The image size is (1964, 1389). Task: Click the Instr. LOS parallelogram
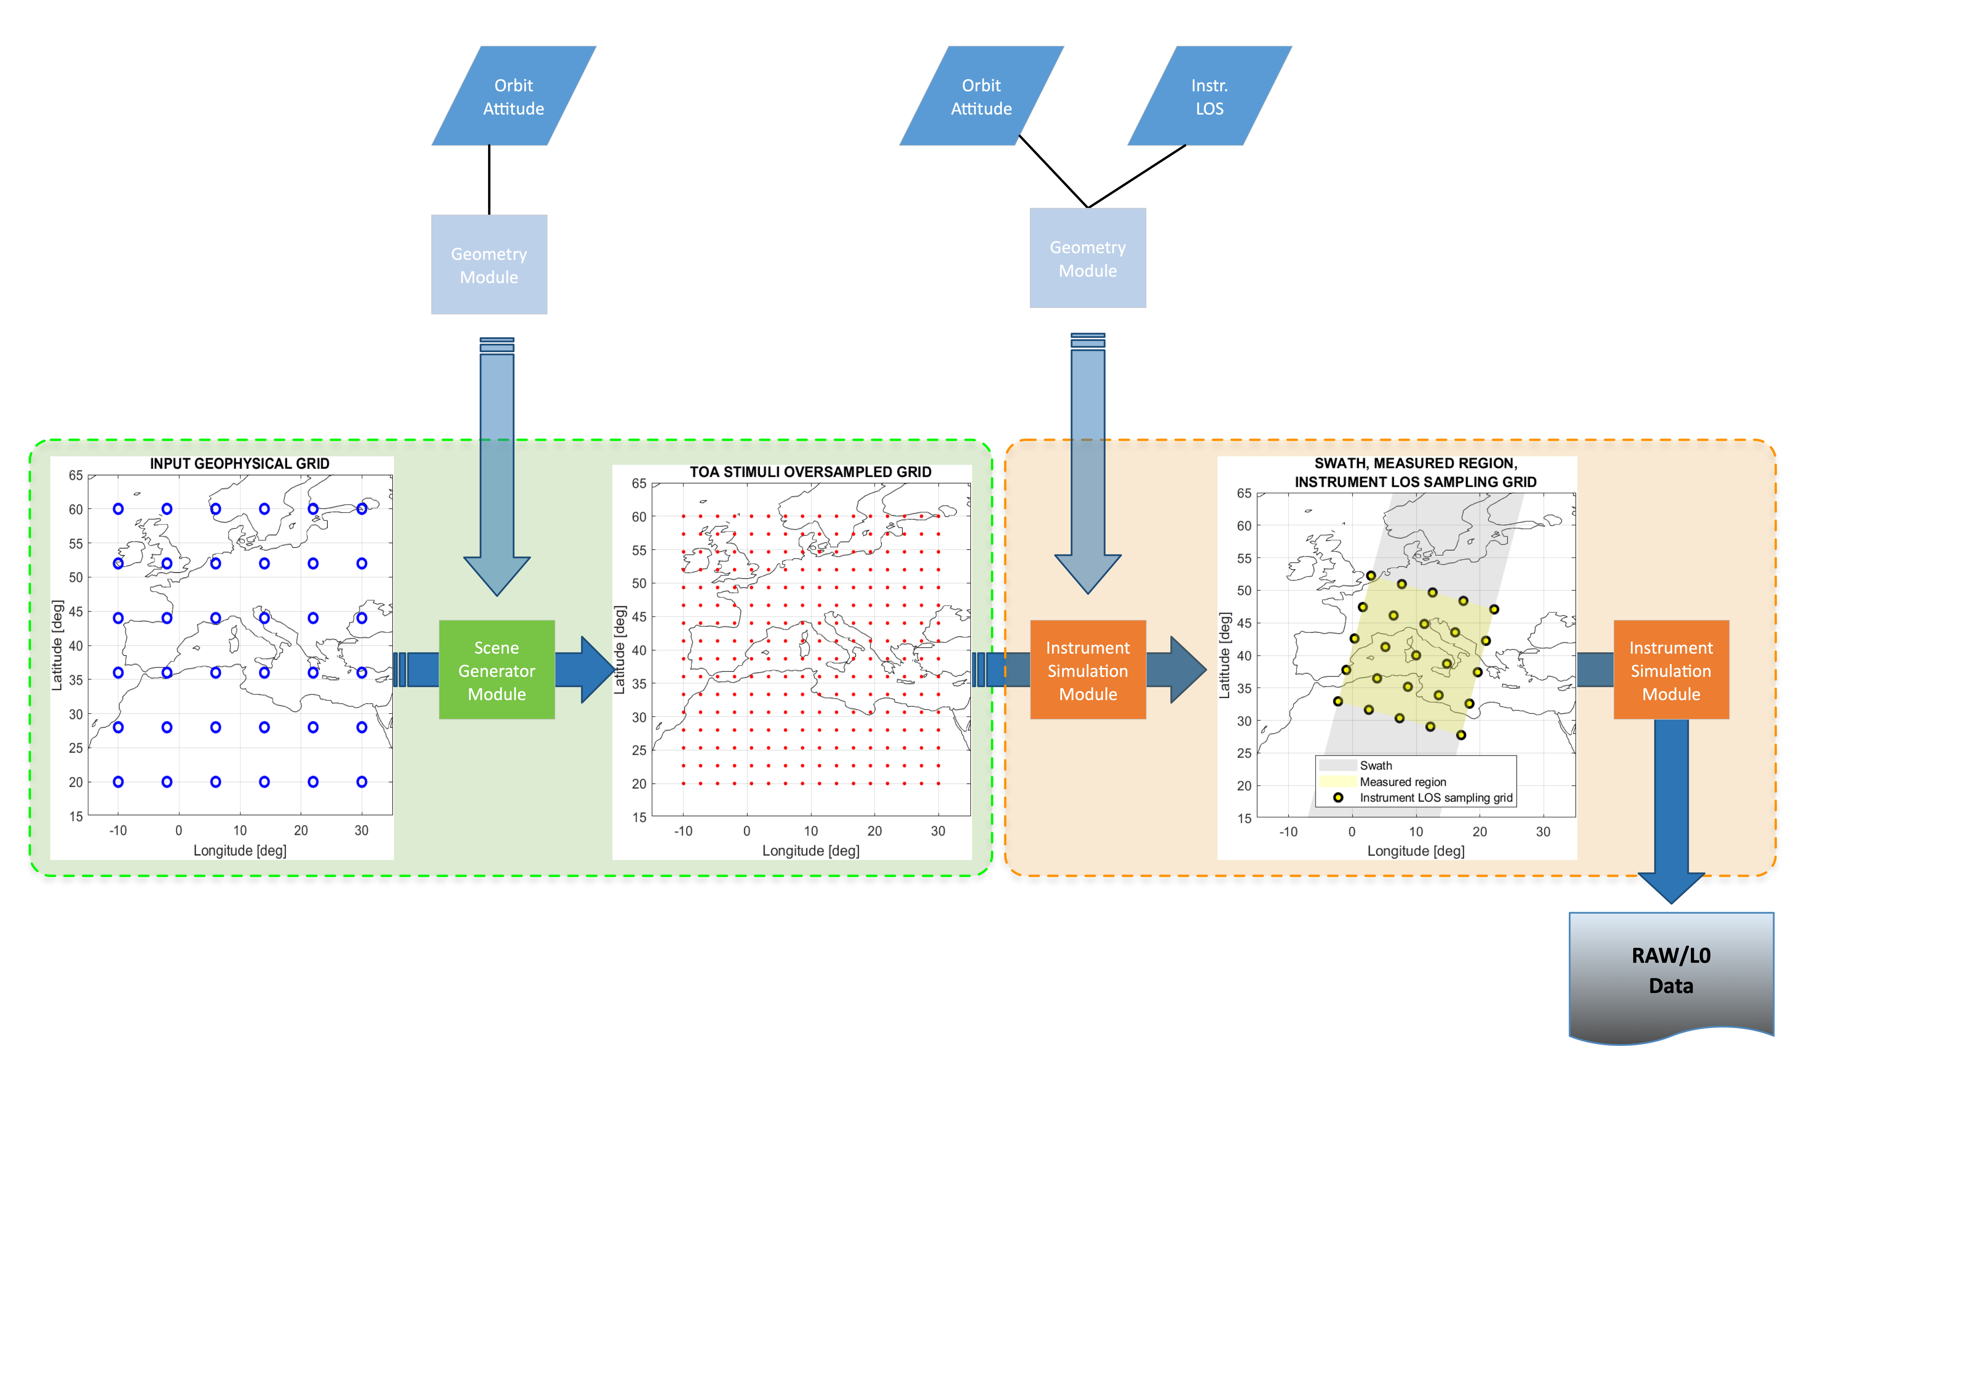(1209, 96)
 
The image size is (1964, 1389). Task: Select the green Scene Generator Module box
(496, 670)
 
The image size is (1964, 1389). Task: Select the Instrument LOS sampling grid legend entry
(1435, 798)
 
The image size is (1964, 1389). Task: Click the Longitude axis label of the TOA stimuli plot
(810, 851)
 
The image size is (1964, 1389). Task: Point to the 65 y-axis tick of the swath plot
(1244, 494)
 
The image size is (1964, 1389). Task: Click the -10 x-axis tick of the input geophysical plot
(118, 830)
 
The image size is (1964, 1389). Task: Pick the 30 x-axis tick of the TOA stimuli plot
(938, 831)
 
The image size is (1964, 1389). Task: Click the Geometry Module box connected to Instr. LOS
(1087, 258)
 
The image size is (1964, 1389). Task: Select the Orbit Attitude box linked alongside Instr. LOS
(981, 96)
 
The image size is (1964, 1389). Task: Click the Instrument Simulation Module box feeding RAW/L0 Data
(1671, 670)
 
